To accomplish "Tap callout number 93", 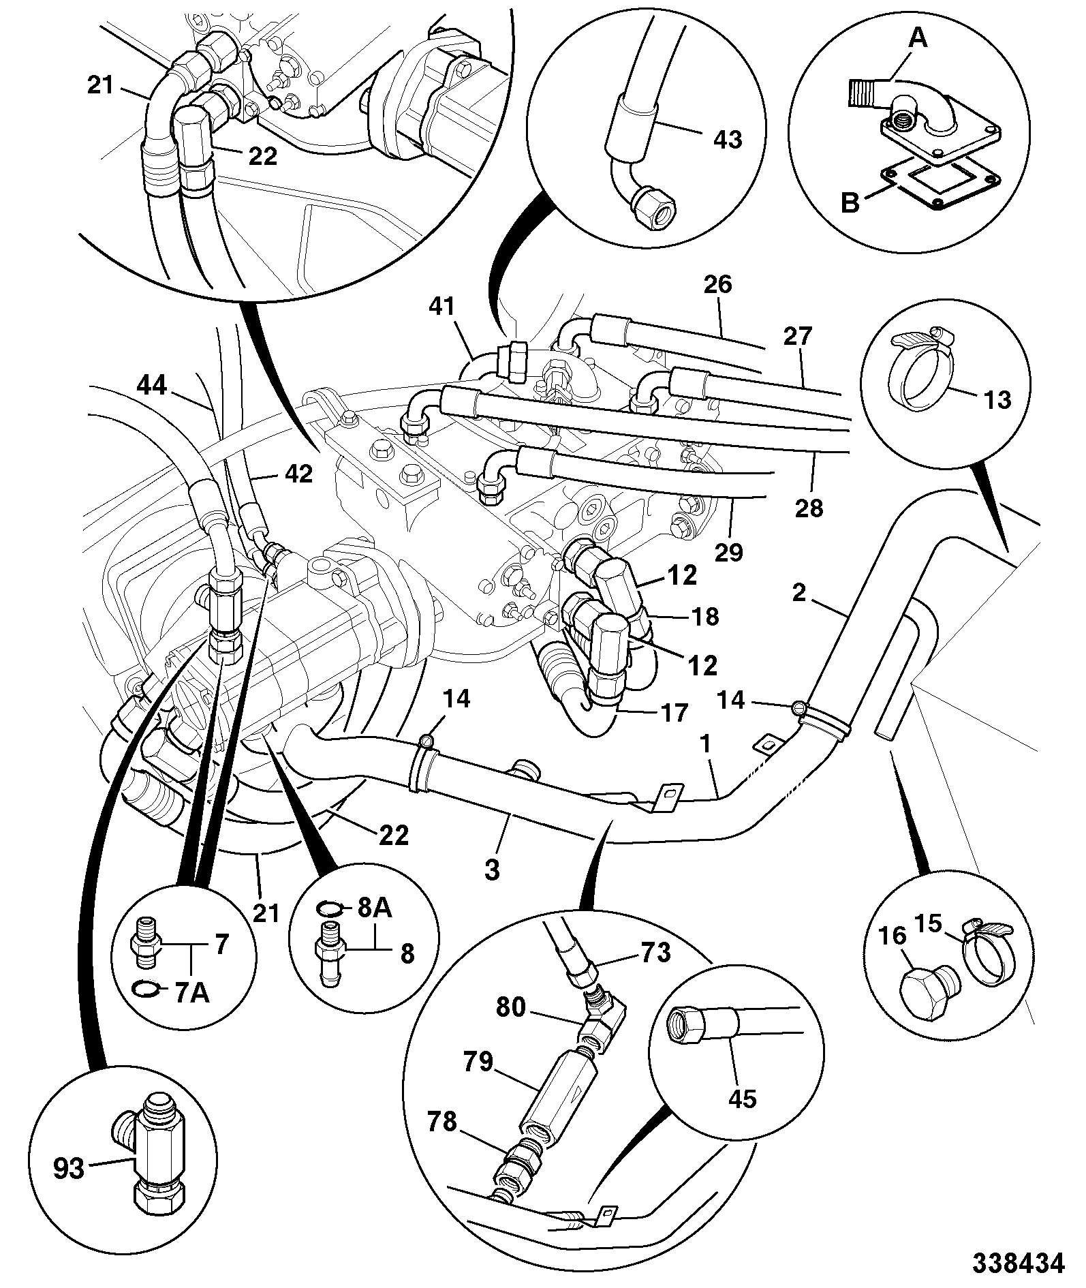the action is (x=68, y=1169).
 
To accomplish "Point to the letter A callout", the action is (x=918, y=40).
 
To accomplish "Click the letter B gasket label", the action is (x=850, y=202).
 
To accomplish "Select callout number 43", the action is (x=726, y=139).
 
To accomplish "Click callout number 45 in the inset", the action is (x=743, y=1099).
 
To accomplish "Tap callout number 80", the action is (x=512, y=1007).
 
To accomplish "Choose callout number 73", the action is (x=655, y=952).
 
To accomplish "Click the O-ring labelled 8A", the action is (x=331, y=908).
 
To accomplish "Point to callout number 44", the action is (x=151, y=386).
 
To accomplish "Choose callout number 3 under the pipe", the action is (x=493, y=870).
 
